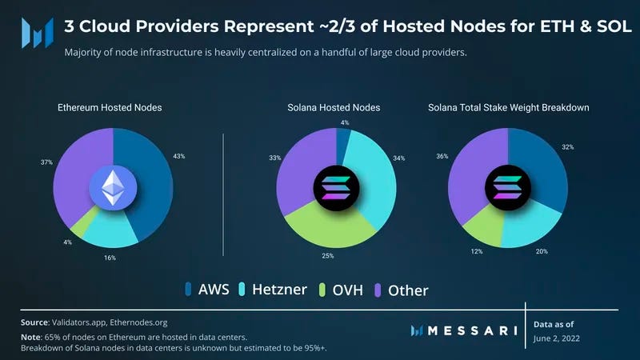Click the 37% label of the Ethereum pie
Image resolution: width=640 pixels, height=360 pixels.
(x=46, y=162)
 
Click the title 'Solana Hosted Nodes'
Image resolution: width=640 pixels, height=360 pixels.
(x=334, y=107)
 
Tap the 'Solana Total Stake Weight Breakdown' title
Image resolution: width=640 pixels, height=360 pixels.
(x=508, y=107)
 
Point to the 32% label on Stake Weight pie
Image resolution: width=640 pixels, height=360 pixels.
(x=568, y=147)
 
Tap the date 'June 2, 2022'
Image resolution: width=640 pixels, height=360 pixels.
(x=557, y=338)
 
